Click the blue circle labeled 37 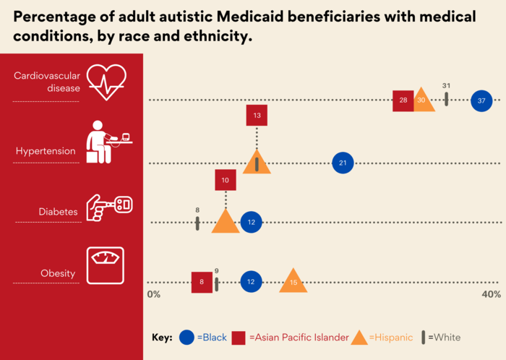point(481,100)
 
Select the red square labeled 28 point(403,100)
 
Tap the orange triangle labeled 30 point(422,101)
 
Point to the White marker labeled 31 point(446,100)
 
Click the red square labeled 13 point(257,115)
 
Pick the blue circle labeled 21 point(343,163)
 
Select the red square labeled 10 point(226,180)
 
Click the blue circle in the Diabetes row point(251,223)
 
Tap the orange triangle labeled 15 point(293,282)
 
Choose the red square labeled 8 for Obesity point(202,282)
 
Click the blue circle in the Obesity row point(251,282)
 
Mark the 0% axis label point(153,294)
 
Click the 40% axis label point(492,294)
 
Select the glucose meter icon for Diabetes point(109,207)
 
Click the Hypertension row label point(46,151)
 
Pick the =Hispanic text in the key point(391,337)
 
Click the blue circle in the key point(186,337)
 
